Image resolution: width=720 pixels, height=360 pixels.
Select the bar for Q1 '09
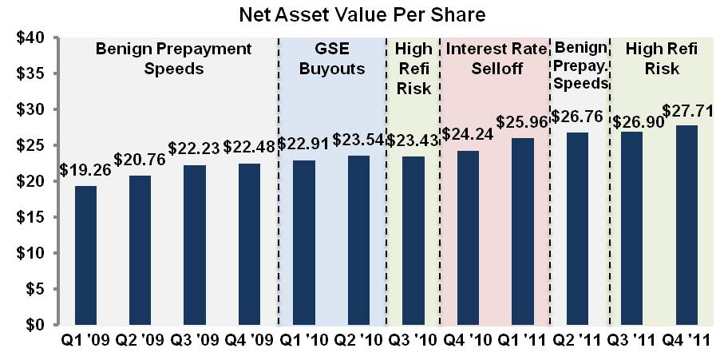[86, 255]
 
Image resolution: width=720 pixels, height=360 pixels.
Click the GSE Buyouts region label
[331, 59]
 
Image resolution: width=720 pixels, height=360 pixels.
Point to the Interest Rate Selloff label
[496, 59]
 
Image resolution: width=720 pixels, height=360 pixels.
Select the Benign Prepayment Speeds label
[173, 59]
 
